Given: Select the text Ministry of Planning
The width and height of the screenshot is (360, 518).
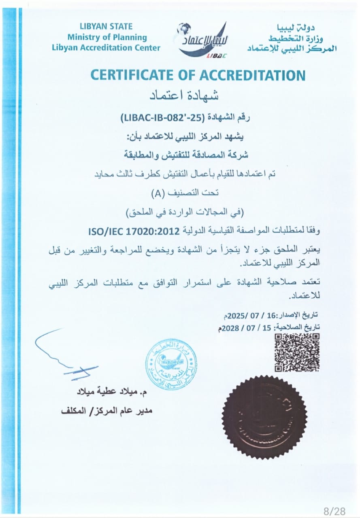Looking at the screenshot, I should tap(107, 37).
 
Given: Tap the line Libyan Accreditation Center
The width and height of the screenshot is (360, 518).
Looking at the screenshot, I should tap(106, 48).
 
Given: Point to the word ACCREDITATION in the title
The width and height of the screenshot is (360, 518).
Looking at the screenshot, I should tap(251, 75).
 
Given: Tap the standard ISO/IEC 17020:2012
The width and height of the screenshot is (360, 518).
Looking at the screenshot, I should tap(134, 231).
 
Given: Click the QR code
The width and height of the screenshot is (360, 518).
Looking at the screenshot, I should tap(297, 352).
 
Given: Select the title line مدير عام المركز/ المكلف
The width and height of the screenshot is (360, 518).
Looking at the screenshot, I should tap(107, 410).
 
